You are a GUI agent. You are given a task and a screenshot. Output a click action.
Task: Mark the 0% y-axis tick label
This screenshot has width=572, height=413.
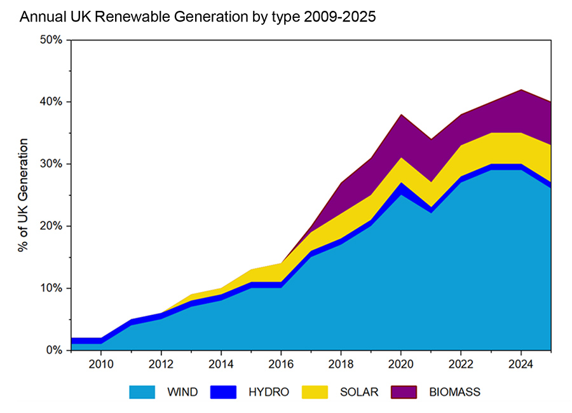click(54, 350)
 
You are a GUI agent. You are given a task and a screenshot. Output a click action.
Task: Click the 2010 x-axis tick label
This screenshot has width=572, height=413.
click(101, 365)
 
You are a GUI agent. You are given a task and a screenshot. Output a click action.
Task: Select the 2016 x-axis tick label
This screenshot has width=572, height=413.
click(281, 365)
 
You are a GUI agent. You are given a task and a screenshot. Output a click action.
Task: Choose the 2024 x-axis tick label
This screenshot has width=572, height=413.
click(521, 365)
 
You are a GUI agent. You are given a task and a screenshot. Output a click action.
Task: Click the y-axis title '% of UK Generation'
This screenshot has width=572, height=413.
click(24, 195)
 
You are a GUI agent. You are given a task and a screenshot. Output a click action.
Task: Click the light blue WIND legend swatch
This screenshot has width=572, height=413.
click(142, 392)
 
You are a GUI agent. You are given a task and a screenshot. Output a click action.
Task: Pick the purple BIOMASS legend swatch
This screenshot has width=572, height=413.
click(405, 392)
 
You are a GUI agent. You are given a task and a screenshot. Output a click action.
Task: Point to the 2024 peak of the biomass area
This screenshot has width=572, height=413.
click(521, 91)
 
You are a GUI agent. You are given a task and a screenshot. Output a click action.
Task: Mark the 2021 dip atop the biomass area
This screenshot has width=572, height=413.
click(431, 140)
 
